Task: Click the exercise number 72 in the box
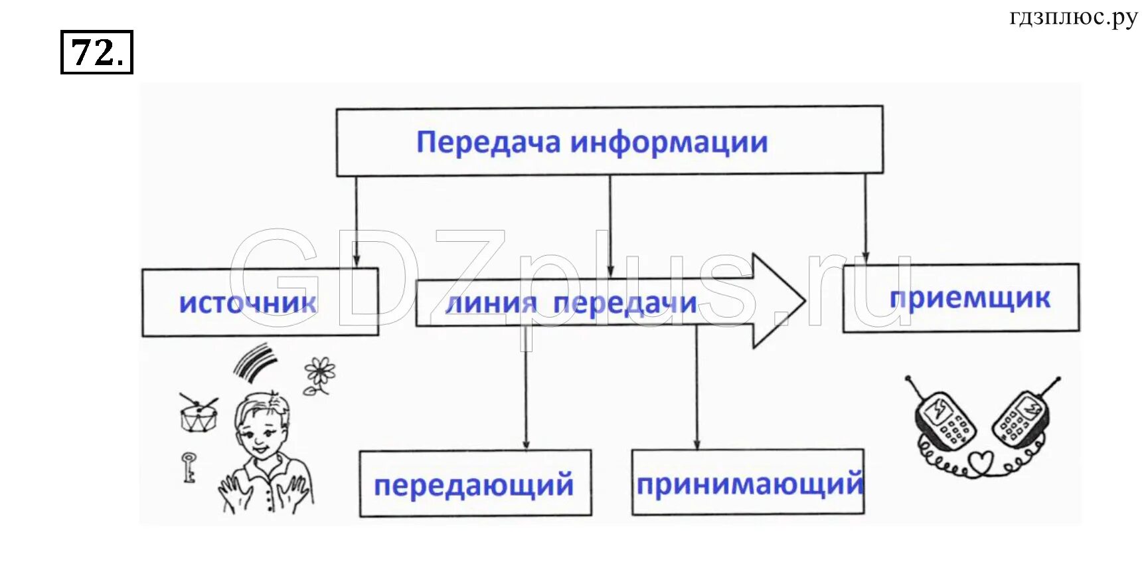pos(96,52)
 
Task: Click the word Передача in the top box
pos(488,142)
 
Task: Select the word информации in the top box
pos(669,142)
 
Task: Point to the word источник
pos(248,303)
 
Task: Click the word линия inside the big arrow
pos(491,304)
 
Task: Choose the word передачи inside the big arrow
pos(625,304)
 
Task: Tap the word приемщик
pos(969,298)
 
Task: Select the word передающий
pos(473,484)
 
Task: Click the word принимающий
pos(750,484)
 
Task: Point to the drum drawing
pos(198,414)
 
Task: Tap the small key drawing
pos(189,466)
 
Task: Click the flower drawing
pos(320,375)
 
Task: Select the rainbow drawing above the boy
pos(254,362)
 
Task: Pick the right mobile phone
pos(1021,418)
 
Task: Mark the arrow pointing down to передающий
pos(526,399)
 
